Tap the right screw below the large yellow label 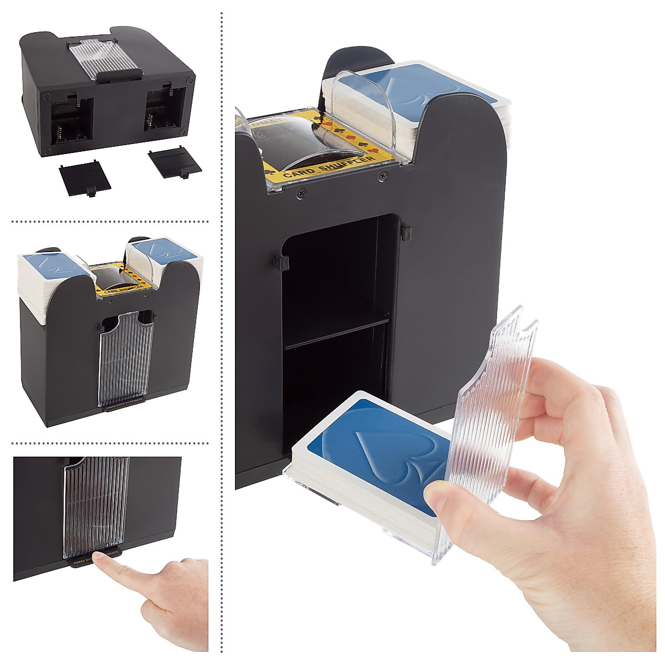coord(382,177)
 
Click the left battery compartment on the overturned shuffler coord(70,122)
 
